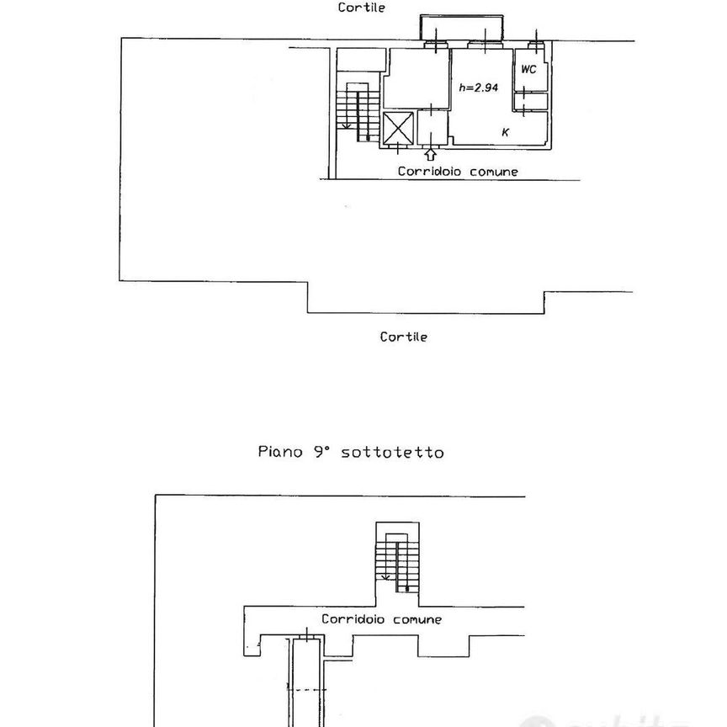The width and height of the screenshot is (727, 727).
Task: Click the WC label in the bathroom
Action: (x=528, y=70)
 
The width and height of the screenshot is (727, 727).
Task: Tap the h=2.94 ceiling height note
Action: (x=479, y=88)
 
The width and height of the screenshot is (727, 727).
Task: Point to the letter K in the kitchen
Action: (x=506, y=132)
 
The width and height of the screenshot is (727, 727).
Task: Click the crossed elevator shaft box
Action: (x=398, y=129)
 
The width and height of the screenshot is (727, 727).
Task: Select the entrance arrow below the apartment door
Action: (x=431, y=154)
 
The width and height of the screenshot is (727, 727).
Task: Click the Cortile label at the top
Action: (x=361, y=8)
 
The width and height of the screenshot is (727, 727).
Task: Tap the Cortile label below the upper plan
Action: (x=403, y=337)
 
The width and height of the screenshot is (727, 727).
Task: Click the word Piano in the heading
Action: (x=280, y=452)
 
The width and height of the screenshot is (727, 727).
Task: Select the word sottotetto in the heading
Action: (x=392, y=453)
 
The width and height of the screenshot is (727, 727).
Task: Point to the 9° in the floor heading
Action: (x=321, y=452)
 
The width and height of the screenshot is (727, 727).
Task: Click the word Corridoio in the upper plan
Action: (x=429, y=172)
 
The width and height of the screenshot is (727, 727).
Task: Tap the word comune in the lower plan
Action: (x=417, y=620)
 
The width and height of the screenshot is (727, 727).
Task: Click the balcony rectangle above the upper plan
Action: (x=461, y=28)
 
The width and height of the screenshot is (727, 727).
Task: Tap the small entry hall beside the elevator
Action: (x=432, y=127)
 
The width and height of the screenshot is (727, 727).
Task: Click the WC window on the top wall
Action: (x=536, y=45)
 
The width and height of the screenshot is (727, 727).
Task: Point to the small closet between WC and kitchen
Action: (x=531, y=102)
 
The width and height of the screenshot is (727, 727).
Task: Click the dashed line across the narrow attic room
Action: (x=306, y=690)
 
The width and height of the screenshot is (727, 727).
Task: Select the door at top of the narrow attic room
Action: (x=307, y=639)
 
